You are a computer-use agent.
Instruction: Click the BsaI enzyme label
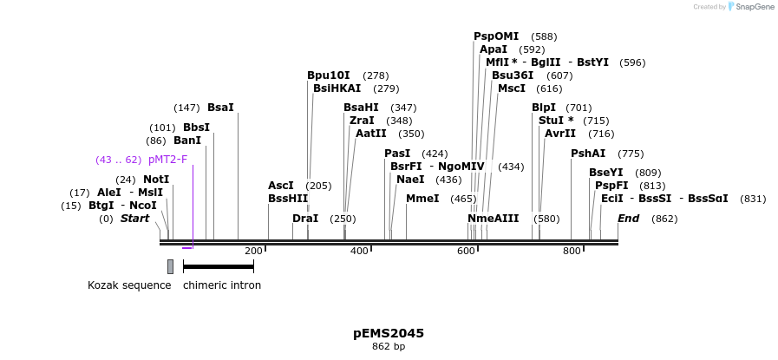220,108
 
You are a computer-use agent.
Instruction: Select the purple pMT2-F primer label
167,160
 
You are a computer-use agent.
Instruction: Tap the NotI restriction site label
156,180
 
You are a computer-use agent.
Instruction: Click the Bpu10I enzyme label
329,75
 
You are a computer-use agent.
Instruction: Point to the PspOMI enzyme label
496,36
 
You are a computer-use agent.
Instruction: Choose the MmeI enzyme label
422,199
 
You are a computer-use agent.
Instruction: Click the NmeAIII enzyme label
494,219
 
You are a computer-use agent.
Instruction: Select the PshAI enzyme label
588,154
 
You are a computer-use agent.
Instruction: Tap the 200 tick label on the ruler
253,252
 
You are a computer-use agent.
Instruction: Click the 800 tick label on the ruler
572,252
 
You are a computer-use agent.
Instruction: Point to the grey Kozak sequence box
170,266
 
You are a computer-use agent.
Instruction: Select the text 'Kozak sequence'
129,285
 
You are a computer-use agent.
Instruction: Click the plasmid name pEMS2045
389,333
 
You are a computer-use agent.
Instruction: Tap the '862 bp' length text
389,347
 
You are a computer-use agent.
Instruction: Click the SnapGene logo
751,7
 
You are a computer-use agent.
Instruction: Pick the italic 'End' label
629,219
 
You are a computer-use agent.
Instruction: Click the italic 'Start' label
135,219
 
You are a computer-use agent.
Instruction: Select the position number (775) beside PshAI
631,154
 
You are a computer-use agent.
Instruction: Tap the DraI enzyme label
305,219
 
